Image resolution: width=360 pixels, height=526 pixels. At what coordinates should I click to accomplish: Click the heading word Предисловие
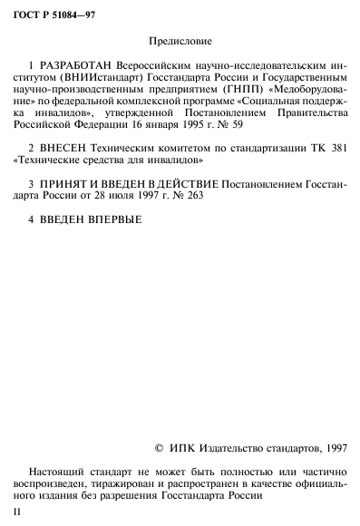[x=180, y=42]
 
